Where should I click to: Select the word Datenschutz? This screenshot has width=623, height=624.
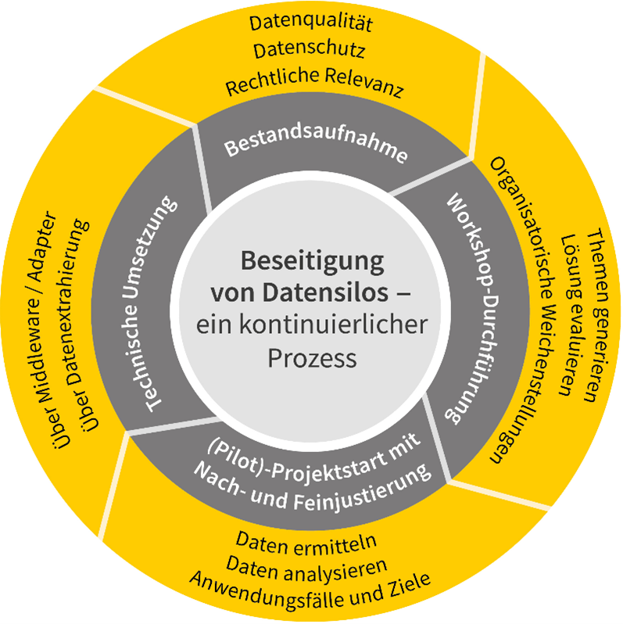pyautogui.click(x=310, y=52)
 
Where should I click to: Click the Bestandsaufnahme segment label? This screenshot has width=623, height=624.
pyautogui.click(x=316, y=148)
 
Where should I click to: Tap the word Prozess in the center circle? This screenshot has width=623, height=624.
pyautogui.click(x=310, y=359)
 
